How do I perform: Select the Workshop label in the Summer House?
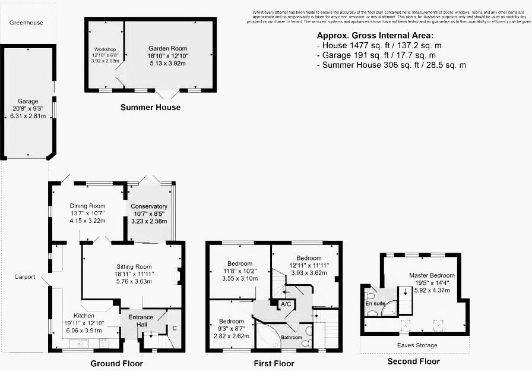(104, 49)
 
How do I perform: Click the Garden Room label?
(167, 49)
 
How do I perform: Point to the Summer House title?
(150, 108)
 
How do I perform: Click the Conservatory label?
(149, 206)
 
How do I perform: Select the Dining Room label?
(87, 206)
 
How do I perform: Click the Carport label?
(25, 277)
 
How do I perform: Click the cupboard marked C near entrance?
(174, 327)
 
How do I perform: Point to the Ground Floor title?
(116, 363)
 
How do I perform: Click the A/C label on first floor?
(286, 304)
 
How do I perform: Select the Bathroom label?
(292, 337)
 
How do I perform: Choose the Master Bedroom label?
(432, 275)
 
